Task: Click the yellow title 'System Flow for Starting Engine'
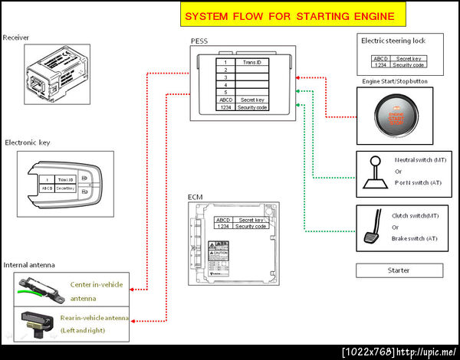(x=290, y=15)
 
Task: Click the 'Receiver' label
(x=16, y=37)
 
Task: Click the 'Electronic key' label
(x=28, y=142)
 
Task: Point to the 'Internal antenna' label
(x=29, y=265)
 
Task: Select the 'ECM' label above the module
(x=195, y=198)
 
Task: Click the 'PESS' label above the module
(x=199, y=40)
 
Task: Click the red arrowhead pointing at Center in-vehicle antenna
(x=133, y=290)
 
